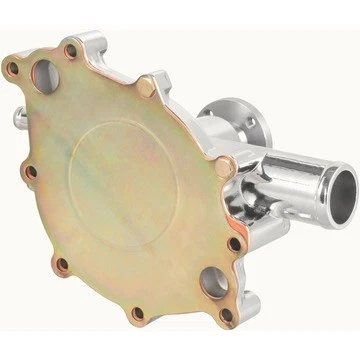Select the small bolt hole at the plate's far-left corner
click(x=13, y=69)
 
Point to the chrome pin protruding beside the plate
click(x=20, y=117)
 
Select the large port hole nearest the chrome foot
click(x=213, y=283)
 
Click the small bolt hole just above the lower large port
click(x=234, y=243)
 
